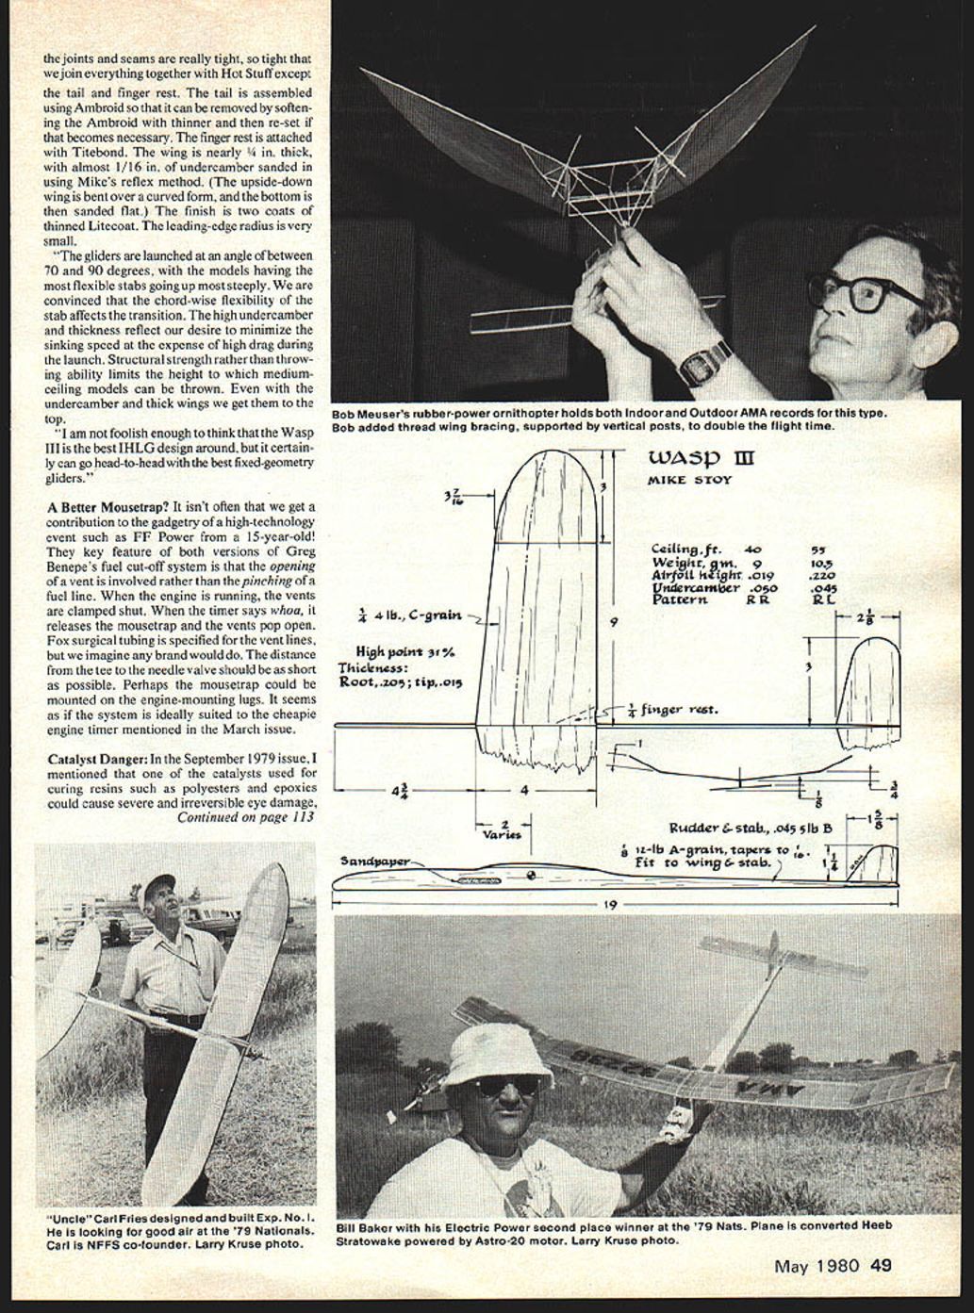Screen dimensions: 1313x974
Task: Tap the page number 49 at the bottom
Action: point(881,1266)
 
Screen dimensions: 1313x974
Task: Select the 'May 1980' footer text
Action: point(817,1266)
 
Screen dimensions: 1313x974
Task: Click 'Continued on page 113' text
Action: point(245,818)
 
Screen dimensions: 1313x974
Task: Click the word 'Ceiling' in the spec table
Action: point(676,549)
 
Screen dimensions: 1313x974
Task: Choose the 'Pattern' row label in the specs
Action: point(679,599)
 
